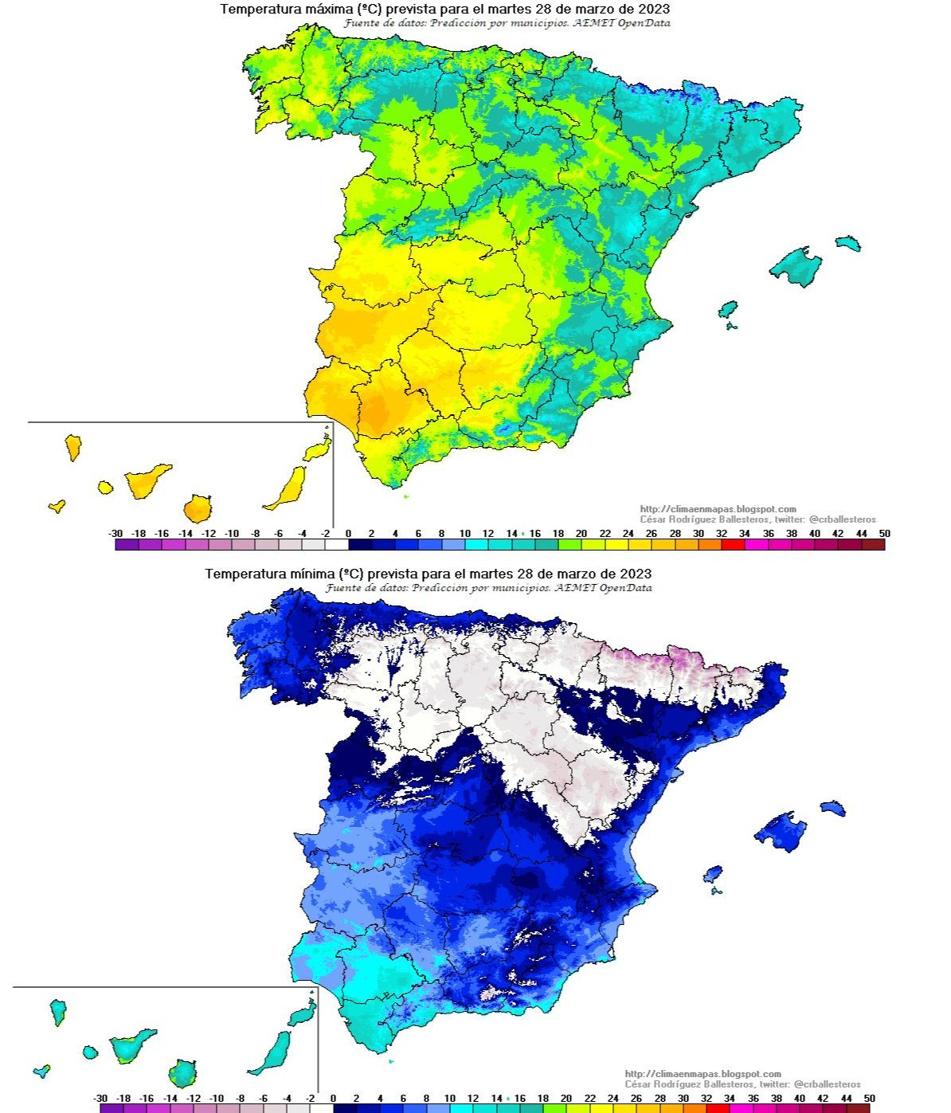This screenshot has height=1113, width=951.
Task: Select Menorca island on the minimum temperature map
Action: [832, 808]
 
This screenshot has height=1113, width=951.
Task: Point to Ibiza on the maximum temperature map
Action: [727, 309]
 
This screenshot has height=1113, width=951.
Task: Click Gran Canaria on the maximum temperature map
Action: [197, 508]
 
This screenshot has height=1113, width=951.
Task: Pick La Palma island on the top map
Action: [73, 447]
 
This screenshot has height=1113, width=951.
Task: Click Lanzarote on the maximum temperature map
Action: [316, 450]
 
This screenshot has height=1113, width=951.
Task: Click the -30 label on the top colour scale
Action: [115, 533]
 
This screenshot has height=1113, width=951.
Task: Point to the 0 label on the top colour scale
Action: [348, 533]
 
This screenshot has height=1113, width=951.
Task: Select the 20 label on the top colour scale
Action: [581, 533]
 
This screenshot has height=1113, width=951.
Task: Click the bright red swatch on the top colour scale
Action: [733, 545]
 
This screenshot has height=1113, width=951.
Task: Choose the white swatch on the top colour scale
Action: [337, 545]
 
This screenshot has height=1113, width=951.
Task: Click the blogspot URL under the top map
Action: [718, 509]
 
